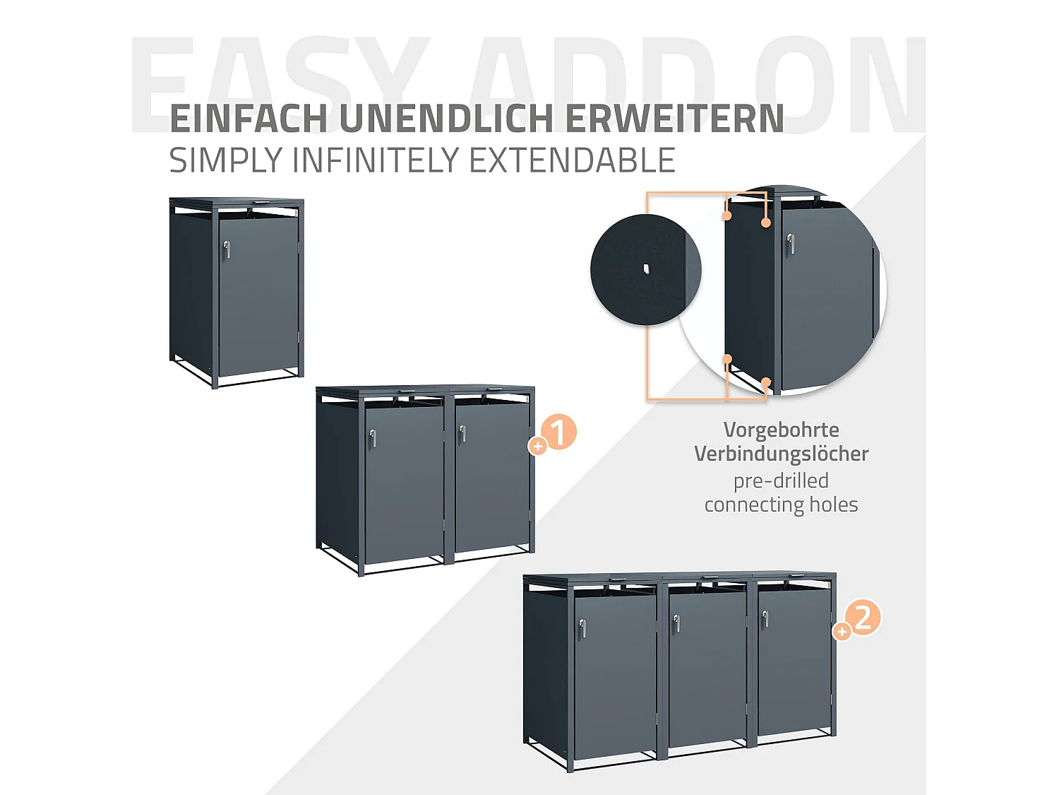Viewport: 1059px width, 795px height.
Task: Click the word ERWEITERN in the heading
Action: (674, 119)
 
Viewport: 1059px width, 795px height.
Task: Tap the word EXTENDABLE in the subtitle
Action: (572, 160)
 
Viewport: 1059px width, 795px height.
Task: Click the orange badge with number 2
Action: (863, 618)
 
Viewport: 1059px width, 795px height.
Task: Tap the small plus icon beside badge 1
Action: (538, 446)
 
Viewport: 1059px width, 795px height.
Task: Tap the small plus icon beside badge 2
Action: (842, 632)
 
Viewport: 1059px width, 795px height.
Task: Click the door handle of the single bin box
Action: (227, 249)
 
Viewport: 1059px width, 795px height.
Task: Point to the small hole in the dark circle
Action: (646, 269)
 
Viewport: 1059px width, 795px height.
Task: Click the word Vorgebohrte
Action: (781, 430)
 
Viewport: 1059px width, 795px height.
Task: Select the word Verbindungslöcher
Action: (781, 454)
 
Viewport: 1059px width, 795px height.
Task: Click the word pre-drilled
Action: (781, 481)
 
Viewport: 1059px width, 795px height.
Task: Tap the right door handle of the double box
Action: (462, 433)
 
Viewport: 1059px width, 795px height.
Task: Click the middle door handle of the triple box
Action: (676, 623)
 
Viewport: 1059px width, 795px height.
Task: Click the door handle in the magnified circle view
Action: (791, 244)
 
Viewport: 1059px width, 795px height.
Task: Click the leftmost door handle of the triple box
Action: (582, 628)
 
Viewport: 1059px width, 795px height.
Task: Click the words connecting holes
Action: (781, 505)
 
